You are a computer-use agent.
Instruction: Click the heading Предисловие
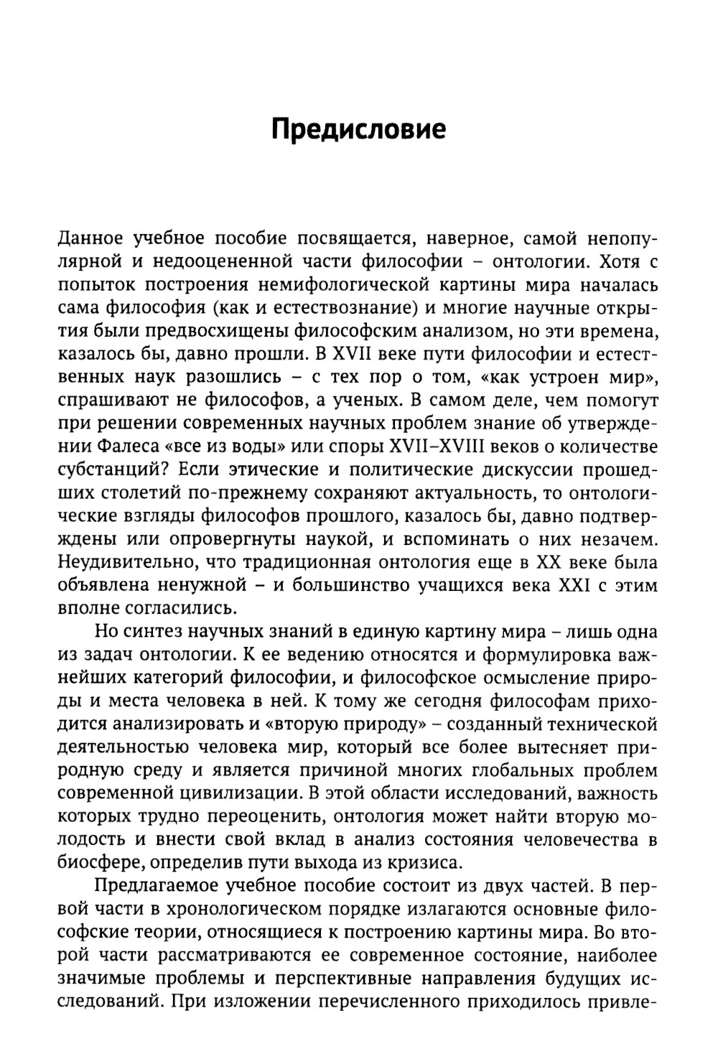[x=359, y=129]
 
